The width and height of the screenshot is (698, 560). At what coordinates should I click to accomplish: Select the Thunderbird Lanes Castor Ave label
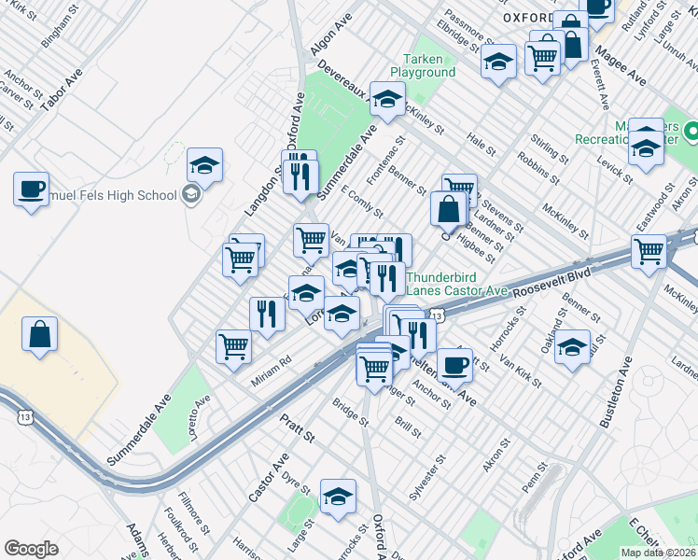pyautogui.click(x=456, y=284)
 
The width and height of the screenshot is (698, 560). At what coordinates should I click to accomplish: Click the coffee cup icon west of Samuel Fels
pyautogui.click(x=32, y=189)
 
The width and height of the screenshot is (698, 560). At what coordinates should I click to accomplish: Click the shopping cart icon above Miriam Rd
pyautogui.click(x=233, y=346)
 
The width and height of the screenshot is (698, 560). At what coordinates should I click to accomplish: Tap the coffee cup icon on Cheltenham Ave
pyautogui.click(x=454, y=363)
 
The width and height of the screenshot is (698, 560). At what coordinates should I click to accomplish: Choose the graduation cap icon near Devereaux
pyautogui.click(x=387, y=99)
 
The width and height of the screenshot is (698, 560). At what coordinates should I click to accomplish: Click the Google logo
pyautogui.click(x=32, y=549)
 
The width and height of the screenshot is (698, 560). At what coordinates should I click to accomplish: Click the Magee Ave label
pyautogui.click(x=622, y=66)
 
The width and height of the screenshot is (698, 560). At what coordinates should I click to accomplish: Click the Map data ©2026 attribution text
pyautogui.click(x=659, y=553)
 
